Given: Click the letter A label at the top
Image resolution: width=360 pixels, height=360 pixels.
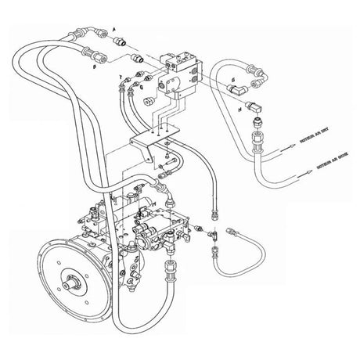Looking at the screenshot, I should tap(115, 28).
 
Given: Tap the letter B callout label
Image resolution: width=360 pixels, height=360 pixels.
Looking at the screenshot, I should tap(93, 69).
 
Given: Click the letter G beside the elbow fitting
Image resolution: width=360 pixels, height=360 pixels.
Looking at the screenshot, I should tap(233, 81).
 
